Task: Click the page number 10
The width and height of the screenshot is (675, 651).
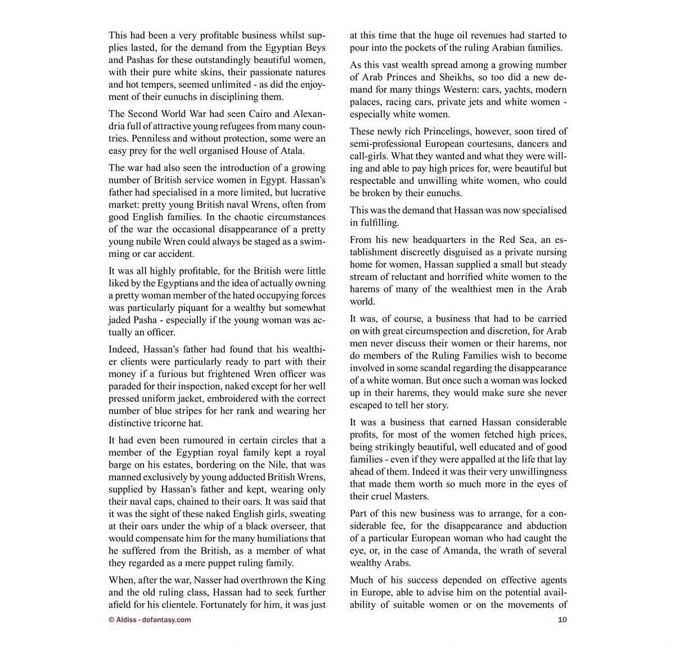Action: pos(562,620)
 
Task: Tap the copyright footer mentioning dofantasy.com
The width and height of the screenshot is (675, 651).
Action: pos(150,620)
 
